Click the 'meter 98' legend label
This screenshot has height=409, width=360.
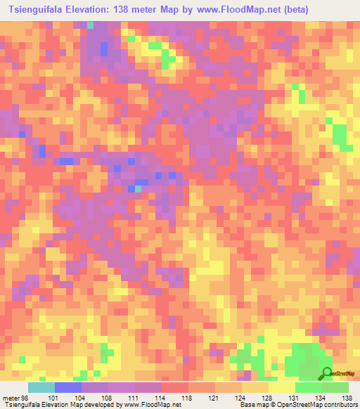point(16,398)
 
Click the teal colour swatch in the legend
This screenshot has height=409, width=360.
point(41,387)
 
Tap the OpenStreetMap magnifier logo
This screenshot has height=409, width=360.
point(328,374)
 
